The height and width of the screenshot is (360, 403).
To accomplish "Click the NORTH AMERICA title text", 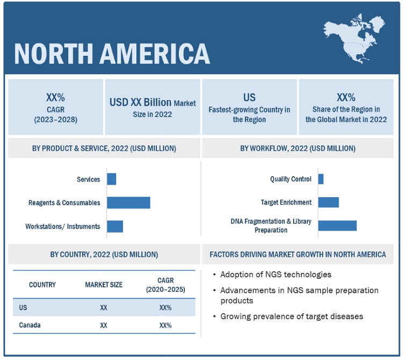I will click(x=112, y=53).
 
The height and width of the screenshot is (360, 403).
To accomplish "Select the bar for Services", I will click(x=111, y=179).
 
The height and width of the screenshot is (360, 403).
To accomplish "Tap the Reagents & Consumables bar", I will click(x=128, y=203).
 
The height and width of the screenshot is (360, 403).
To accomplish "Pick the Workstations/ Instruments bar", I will click(x=115, y=226).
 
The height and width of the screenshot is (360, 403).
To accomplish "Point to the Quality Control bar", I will click(x=321, y=179).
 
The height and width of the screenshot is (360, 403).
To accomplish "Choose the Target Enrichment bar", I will click(x=328, y=202).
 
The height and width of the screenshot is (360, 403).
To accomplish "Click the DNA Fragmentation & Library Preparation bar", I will click(x=337, y=225).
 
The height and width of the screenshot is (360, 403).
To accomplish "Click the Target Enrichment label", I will click(x=286, y=203).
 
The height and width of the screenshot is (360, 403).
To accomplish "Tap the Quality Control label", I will click(x=291, y=179).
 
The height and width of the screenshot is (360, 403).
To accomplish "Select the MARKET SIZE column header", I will click(x=104, y=284).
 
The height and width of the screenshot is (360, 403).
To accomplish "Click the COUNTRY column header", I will click(x=42, y=284).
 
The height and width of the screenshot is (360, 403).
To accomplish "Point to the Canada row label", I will click(x=30, y=325).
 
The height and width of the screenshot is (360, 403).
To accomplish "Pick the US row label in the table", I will click(x=24, y=307).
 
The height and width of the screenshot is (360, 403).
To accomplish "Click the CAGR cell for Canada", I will click(x=165, y=325).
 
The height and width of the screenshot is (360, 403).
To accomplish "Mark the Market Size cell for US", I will click(x=104, y=307).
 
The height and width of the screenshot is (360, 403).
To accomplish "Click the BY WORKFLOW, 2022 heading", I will click(x=298, y=148).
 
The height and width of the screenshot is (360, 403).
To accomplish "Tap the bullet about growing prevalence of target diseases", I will click(x=292, y=316).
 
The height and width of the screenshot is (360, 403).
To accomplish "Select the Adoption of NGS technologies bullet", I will click(x=276, y=275).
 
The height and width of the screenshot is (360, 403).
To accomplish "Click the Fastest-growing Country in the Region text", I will click(x=249, y=114).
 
